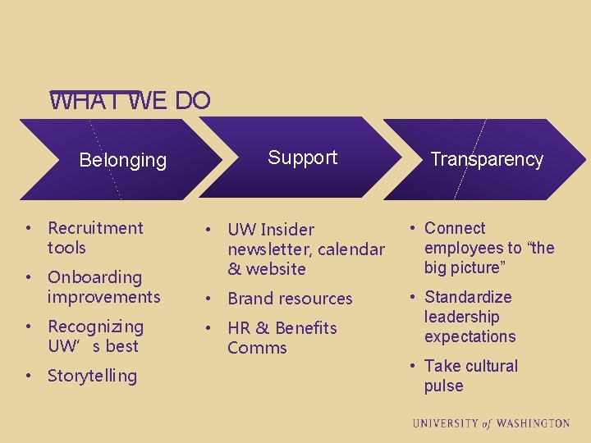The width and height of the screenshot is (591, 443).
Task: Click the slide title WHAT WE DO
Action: pos(130,101)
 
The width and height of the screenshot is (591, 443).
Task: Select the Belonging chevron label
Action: pos(122,160)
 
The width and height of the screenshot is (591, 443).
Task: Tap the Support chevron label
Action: pos(302,158)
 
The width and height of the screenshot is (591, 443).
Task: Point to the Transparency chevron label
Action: pos(487,159)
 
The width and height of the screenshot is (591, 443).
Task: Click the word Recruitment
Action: pos(95,228)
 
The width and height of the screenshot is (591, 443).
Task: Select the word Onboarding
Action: pos(94,277)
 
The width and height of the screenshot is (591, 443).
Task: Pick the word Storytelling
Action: pos(92,376)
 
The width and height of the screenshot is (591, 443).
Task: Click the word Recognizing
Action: pos(95,327)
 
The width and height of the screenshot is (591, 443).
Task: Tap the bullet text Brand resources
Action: pos(290,299)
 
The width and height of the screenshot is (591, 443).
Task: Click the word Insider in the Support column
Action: pos(287,230)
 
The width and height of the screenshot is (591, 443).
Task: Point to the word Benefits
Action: pos(306,328)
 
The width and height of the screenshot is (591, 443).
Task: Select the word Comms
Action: pos(257,348)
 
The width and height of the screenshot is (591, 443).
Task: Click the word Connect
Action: pos(455,228)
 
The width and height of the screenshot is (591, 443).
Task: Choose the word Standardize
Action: pos(468,297)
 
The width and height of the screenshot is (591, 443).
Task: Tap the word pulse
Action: pos(443,386)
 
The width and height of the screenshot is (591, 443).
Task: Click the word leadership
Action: pos(461,317)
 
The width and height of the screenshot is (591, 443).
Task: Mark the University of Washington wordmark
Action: pos(491,423)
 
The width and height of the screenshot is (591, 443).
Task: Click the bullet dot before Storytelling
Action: pos(29,376)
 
